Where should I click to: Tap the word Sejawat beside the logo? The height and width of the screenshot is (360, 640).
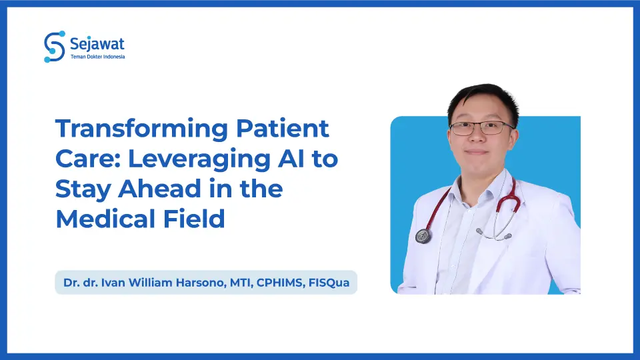pyautogui.click(x=97, y=44)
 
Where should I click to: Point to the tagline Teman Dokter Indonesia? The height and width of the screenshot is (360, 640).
pyautogui.click(x=97, y=57)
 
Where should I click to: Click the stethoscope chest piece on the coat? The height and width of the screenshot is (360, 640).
pyautogui.click(x=423, y=235)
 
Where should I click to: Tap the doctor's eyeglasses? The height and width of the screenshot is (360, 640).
pyautogui.click(x=481, y=127)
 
